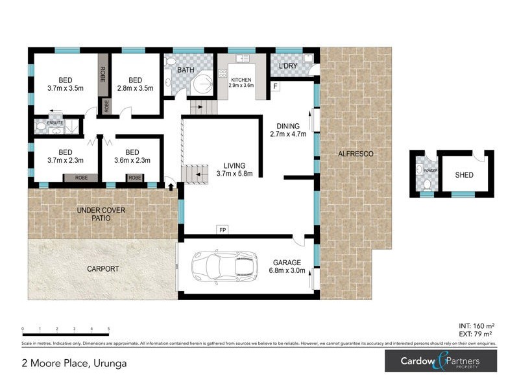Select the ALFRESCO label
pos(356,154)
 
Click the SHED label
pos(465,174)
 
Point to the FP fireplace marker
pos(221,230)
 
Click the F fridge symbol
pos(275,86)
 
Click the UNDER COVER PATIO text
pos(101,215)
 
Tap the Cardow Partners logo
pos(441,361)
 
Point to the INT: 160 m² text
pos(476,325)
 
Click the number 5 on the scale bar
pos(108,329)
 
